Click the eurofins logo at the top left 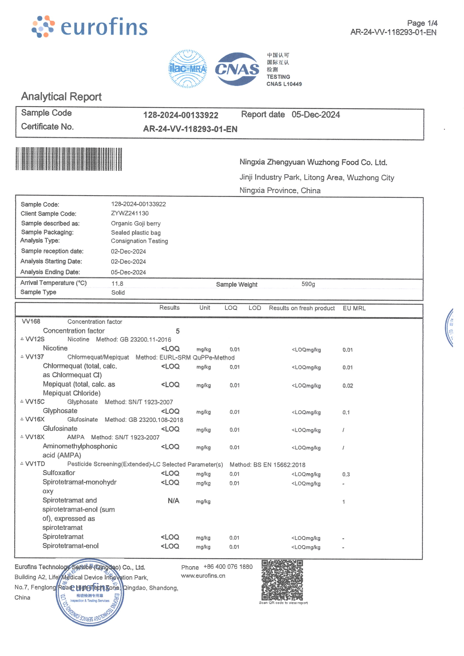(89, 27)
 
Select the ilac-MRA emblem (187, 69)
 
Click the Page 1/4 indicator (422, 23)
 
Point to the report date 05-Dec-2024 (316, 115)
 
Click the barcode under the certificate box (69, 159)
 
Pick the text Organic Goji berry (136, 223)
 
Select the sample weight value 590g (308, 284)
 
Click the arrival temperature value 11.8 (117, 283)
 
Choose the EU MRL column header (354, 308)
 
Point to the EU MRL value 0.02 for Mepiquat (348, 386)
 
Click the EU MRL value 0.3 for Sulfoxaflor (346, 474)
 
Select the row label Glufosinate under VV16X (60, 429)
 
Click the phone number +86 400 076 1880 (228, 567)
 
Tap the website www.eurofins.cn (203, 576)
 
